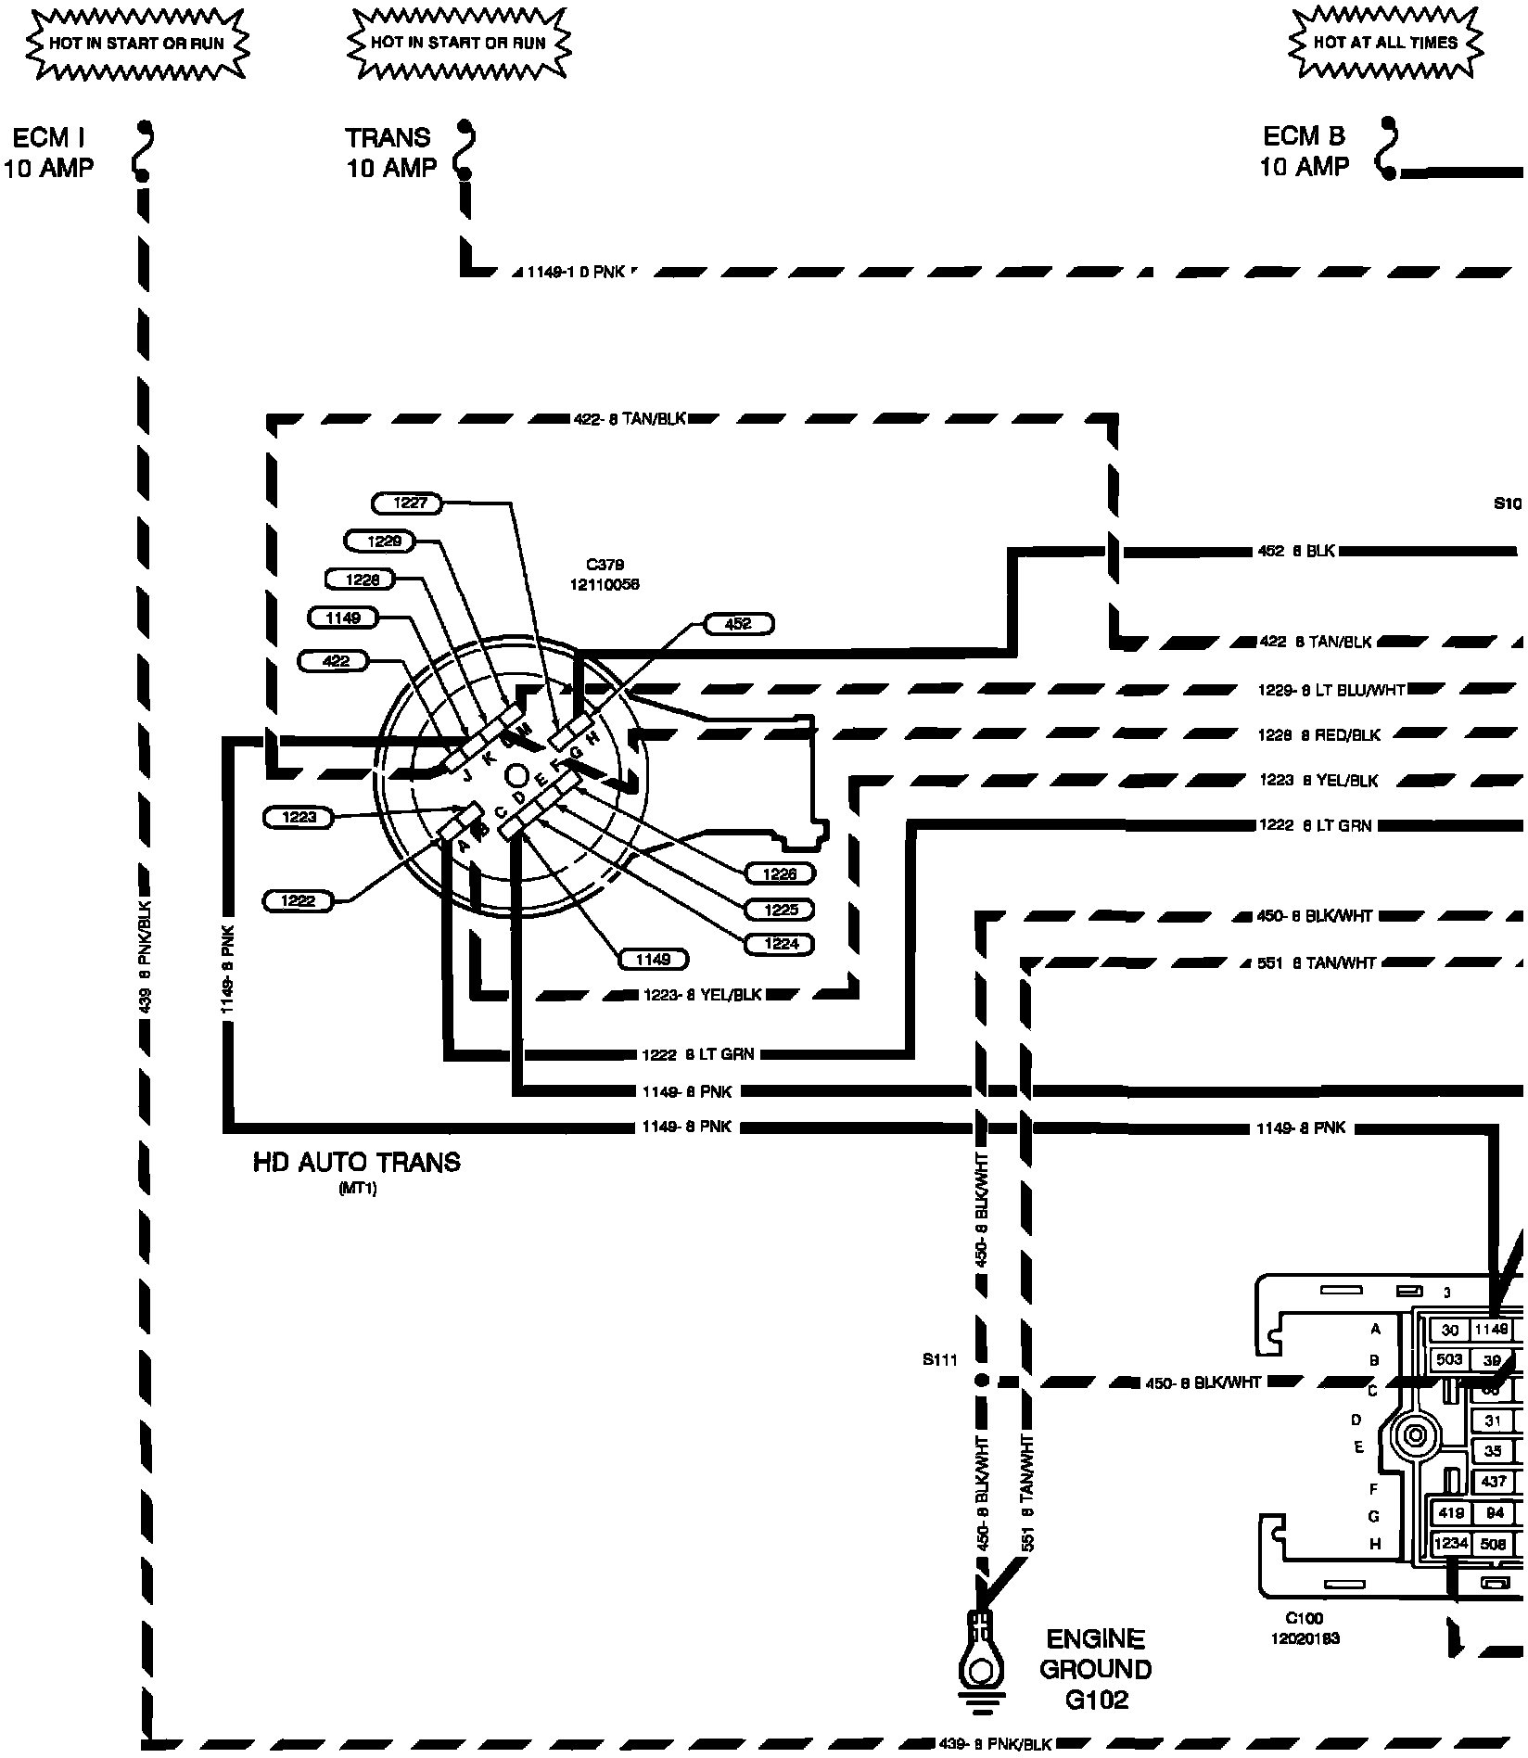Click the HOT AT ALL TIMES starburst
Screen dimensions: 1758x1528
(1385, 43)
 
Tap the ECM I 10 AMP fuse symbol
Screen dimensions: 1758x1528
(143, 150)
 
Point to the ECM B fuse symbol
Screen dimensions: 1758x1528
(1387, 148)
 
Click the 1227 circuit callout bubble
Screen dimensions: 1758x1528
(410, 503)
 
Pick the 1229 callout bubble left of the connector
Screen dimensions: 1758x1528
(378, 541)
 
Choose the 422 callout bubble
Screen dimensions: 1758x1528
(335, 661)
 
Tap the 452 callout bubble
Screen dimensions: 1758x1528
(738, 624)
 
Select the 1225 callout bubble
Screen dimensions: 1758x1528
(780, 910)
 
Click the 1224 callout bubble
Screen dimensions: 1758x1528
(780, 944)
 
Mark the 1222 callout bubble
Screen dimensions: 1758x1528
(298, 900)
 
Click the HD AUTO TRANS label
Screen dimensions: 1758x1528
(356, 1163)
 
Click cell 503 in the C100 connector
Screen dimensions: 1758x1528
(1449, 1359)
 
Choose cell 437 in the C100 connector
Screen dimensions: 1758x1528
(1494, 1482)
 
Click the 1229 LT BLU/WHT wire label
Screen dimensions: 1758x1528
(1331, 691)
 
